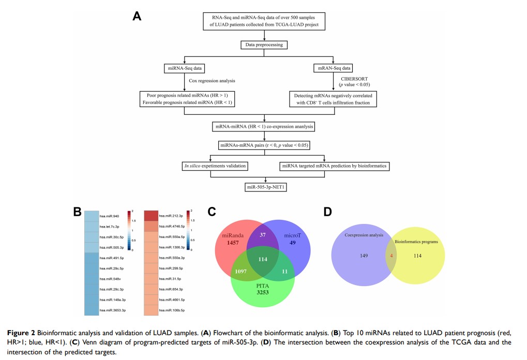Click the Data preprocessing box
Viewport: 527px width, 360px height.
point(264,45)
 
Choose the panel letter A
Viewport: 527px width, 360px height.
point(137,16)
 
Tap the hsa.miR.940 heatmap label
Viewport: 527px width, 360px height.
point(110,216)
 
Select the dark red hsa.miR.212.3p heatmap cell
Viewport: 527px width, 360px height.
point(150,216)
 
